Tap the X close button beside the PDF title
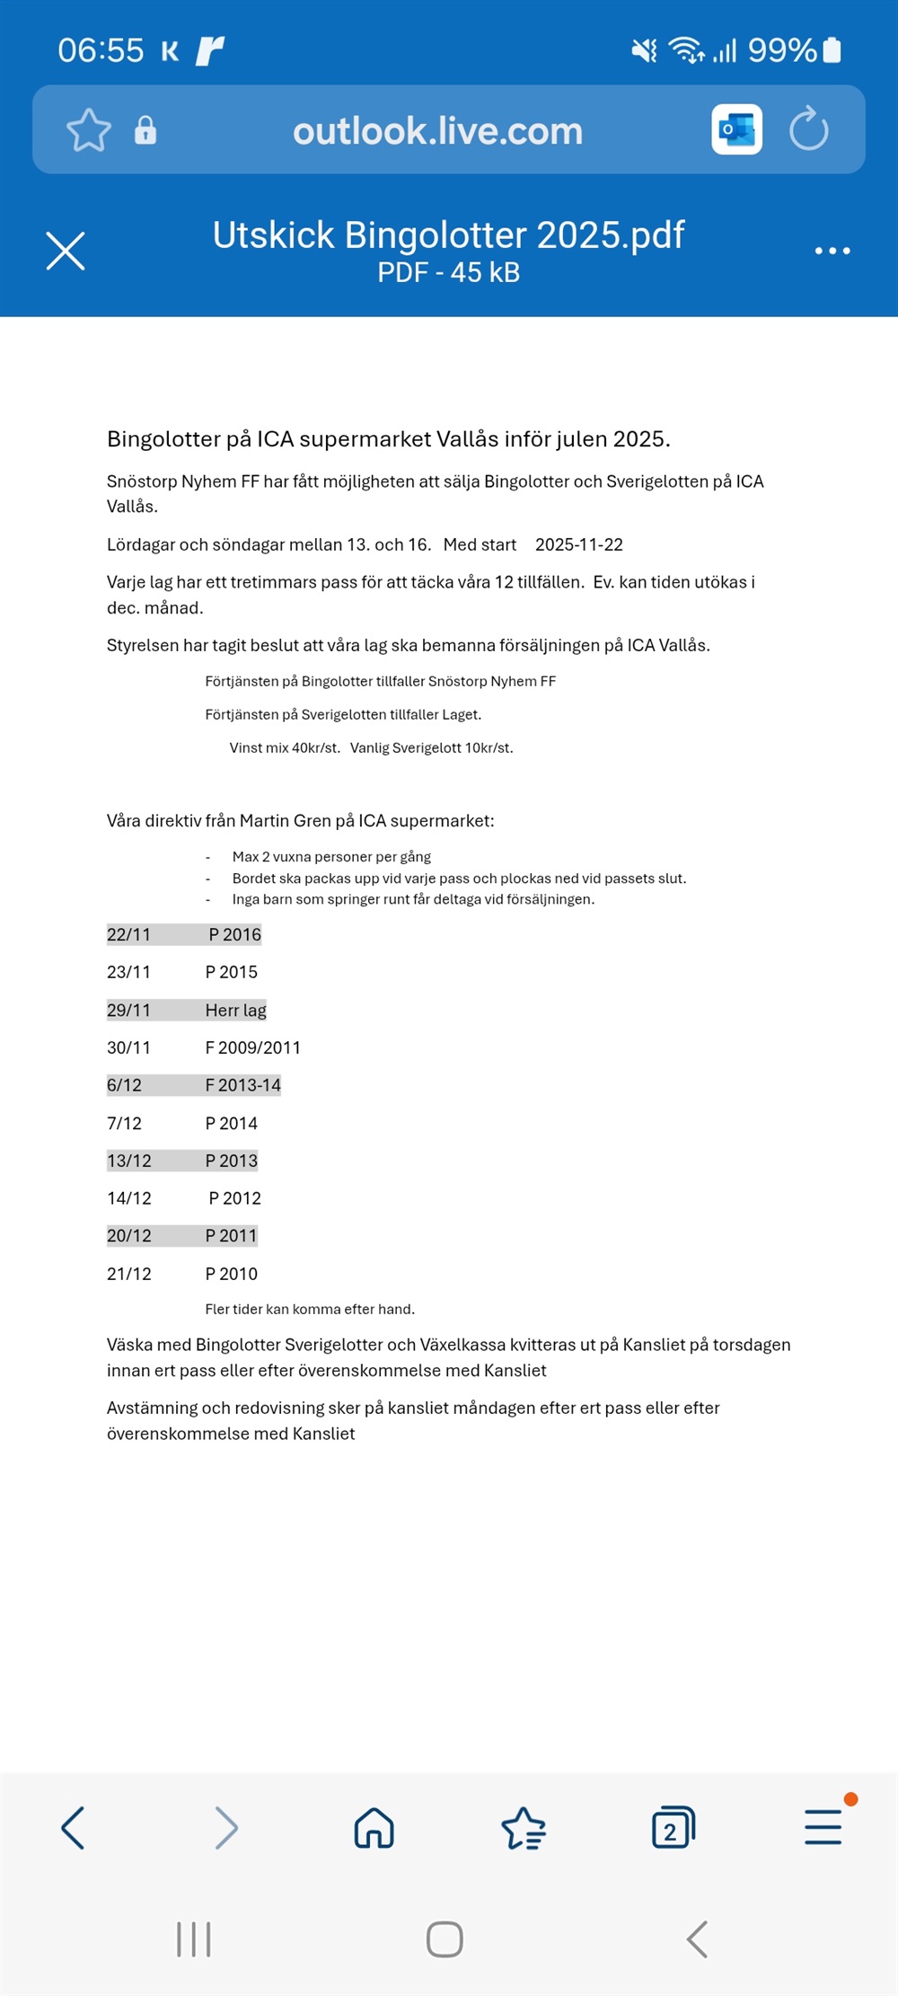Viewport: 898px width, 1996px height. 66,251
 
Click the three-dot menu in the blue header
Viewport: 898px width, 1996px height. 832,251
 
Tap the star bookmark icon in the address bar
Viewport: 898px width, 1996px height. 89,130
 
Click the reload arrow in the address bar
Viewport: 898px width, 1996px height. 808,129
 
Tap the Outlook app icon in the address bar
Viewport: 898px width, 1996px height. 736,129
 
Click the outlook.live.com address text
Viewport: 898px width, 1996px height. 437,131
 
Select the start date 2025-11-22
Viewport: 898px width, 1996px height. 578,544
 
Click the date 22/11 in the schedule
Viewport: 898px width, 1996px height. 128,934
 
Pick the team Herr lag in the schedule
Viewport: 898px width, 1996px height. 235,1010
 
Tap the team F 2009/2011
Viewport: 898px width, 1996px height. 252,1047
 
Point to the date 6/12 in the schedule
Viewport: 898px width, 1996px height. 124,1085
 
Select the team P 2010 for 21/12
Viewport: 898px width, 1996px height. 231,1274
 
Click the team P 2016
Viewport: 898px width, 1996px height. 234,934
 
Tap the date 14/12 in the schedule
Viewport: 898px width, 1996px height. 128,1198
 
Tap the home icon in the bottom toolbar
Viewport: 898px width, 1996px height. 374,1828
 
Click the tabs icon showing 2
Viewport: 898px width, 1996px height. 673,1828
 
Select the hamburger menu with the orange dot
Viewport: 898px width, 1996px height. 823,1826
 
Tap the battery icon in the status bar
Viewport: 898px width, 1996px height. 832,50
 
